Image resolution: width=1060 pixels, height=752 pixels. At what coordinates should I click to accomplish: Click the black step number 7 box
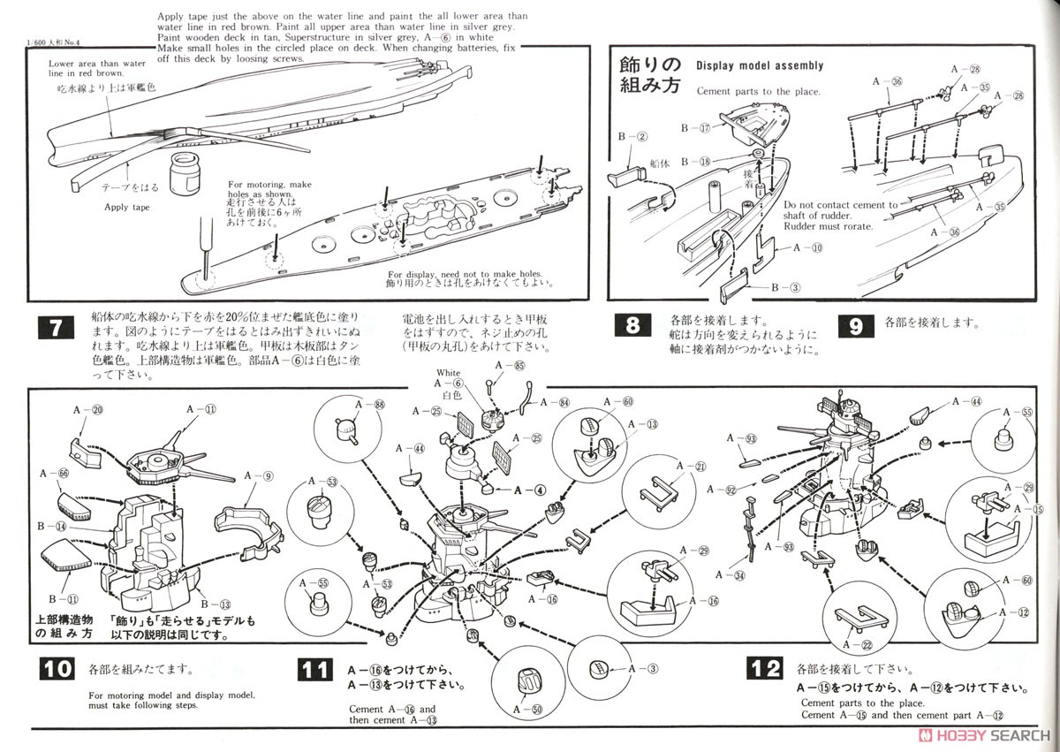coord(53,329)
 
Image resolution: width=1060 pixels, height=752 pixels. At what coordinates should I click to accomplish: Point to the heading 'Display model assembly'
coord(760,65)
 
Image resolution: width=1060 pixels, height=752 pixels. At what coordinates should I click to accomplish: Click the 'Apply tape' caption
coord(129,208)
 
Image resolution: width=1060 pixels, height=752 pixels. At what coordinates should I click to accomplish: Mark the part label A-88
coord(367,404)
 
